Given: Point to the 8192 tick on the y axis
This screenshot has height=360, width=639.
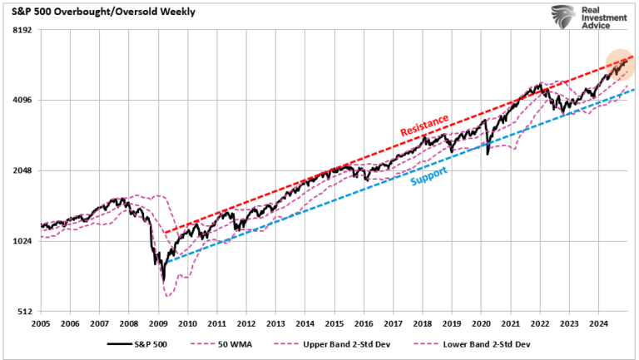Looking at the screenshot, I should click(x=21, y=30).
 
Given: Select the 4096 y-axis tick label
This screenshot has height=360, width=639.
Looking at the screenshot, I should click(x=21, y=101).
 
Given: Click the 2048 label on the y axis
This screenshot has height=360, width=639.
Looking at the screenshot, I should click(x=21, y=171).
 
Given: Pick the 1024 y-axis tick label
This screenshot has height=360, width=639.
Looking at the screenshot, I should click(x=21, y=242).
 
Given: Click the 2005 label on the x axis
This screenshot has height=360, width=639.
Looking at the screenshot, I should click(x=42, y=323).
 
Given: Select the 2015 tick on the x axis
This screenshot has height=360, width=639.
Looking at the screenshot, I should click(x=334, y=323).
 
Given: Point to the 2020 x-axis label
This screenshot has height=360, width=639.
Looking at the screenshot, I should click(x=481, y=323).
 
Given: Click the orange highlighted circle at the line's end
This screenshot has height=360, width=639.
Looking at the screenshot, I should click(x=619, y=64).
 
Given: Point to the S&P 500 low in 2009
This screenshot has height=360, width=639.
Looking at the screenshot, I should click(x=163, y=280).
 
